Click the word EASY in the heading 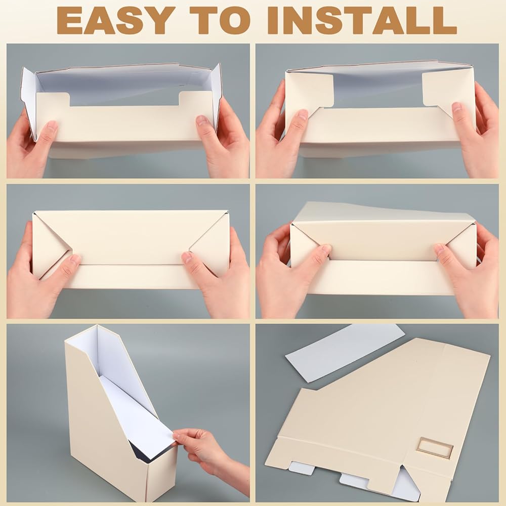tap(113, 20)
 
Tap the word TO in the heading tap(220, 20)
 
